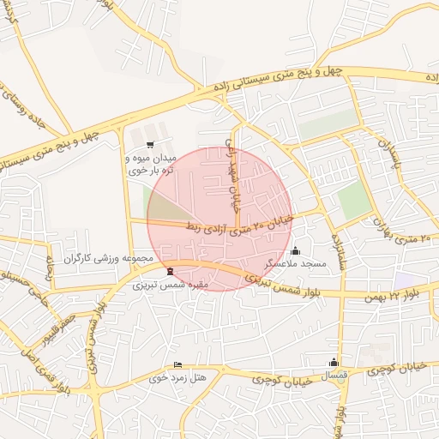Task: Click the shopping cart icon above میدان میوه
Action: coord(151,145)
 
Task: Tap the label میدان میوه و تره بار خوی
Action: coord(151,165)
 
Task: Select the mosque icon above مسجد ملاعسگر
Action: coord(296,251)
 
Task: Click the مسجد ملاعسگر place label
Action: coord(295,264)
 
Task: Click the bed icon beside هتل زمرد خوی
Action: coord(177,364)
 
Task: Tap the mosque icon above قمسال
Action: coord(334,363)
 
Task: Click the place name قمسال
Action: coord(333,376)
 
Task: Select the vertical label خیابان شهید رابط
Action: coord(230,171)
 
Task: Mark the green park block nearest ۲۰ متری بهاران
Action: coord(352,201)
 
